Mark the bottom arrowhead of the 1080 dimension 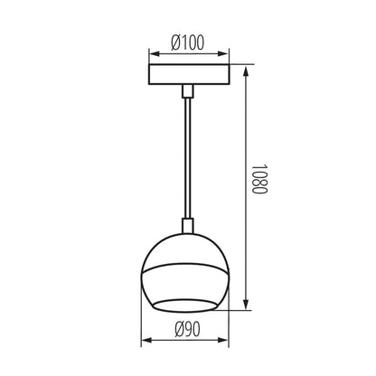(x=252, y=309)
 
